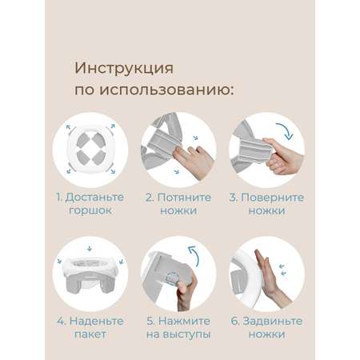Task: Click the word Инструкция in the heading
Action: pos(124,69)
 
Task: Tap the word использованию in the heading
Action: pos(166,90)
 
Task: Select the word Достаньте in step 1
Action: pos(94,198)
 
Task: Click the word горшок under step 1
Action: pos(90,211)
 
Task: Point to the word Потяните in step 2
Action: pos(184,198)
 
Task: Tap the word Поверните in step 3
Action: pos(272,198)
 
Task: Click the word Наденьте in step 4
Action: pos(96,321)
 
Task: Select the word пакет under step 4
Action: pos(90,334)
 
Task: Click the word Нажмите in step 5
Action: pos(184,321)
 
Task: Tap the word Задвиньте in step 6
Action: pos(273,321)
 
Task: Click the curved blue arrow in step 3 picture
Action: pos(286,130)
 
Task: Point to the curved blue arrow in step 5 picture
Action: pos(194,255)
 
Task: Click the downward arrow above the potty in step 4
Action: pos(90,249)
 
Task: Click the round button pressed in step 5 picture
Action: pos(171,278)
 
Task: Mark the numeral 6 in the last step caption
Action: pos(234,321)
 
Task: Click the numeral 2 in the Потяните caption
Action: pos(149,198)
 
